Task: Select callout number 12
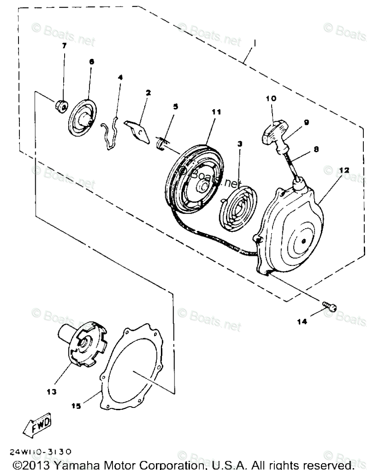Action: (x=343, y=170)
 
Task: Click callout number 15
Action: (x=76, y=406)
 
